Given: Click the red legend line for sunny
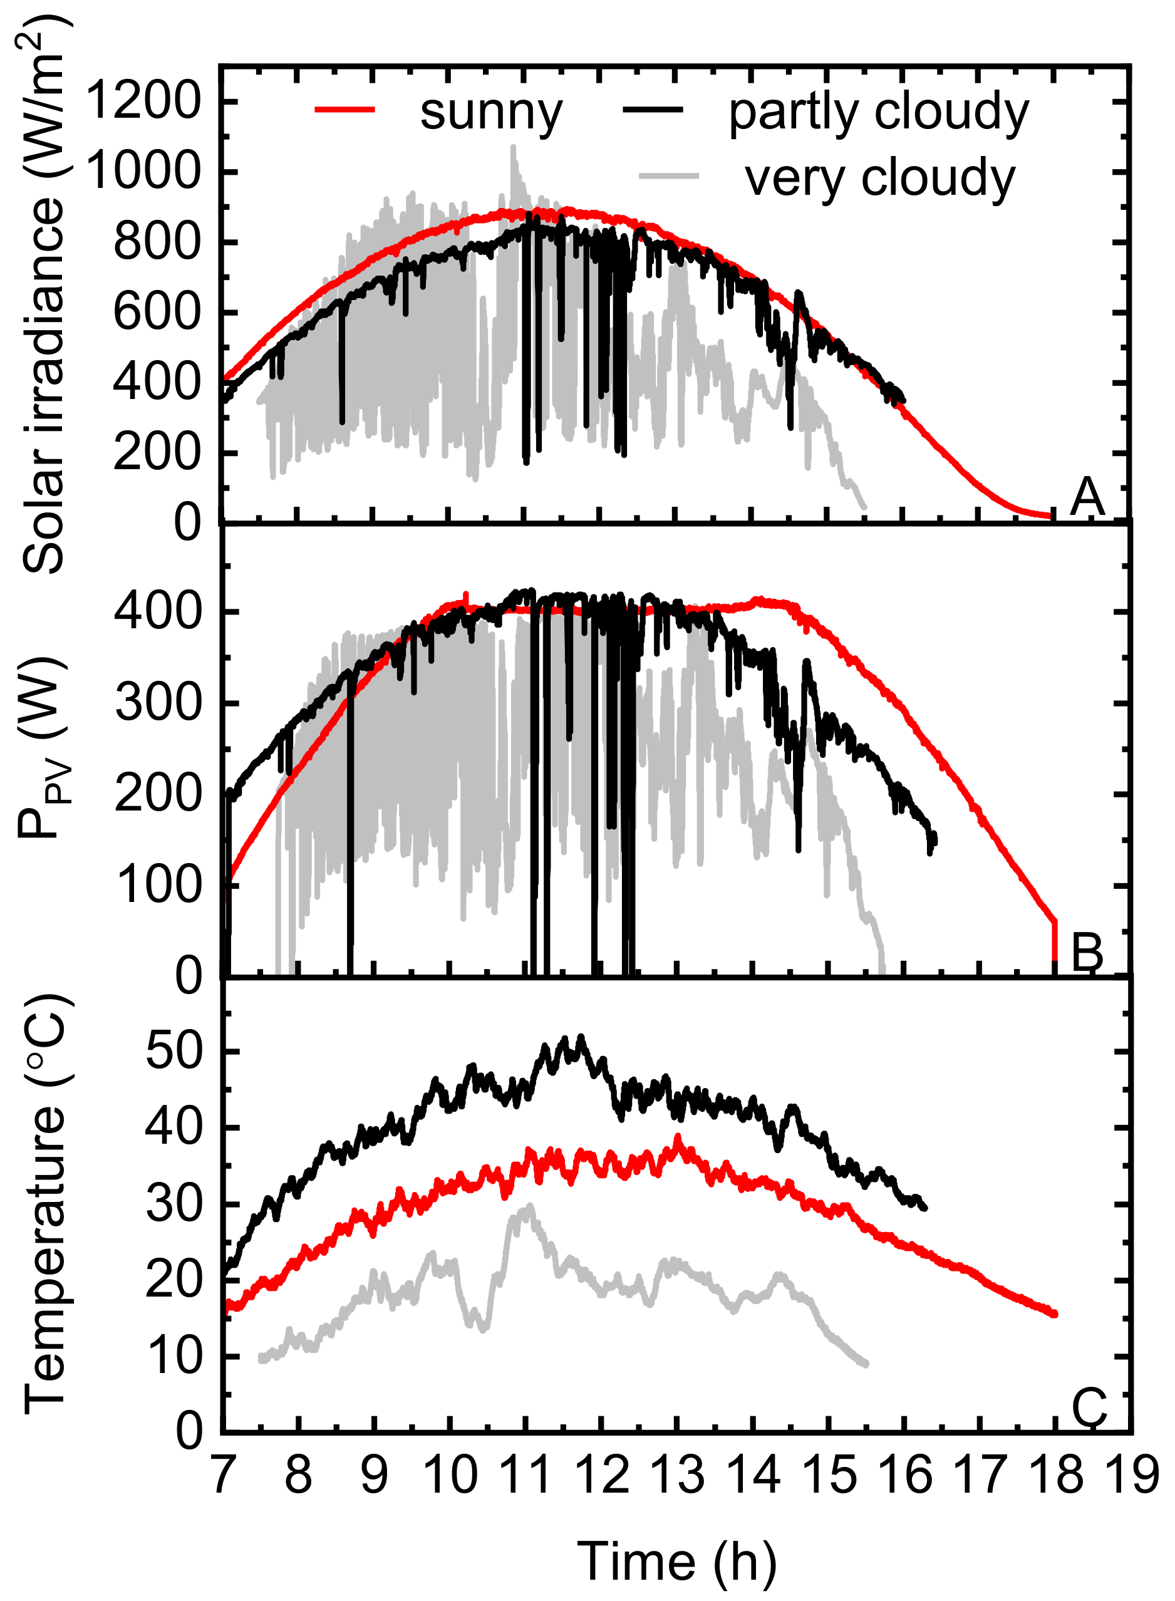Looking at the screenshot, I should coord(345,109).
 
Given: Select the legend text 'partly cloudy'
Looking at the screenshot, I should coord(878,111).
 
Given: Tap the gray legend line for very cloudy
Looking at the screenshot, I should coord(668,175).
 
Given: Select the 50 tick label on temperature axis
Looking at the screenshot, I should coord(174,1050).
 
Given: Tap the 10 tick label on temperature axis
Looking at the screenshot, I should coord(174,1356).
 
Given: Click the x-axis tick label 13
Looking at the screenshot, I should coord(677,1475).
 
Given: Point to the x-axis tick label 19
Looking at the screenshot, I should coord(1131,1475).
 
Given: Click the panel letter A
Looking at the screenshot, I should coord(1087,497).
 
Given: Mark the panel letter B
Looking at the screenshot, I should coord(1087,951).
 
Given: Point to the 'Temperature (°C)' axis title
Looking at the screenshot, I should coord(44,1202).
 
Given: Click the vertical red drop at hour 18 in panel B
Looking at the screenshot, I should coord(1055,946).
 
